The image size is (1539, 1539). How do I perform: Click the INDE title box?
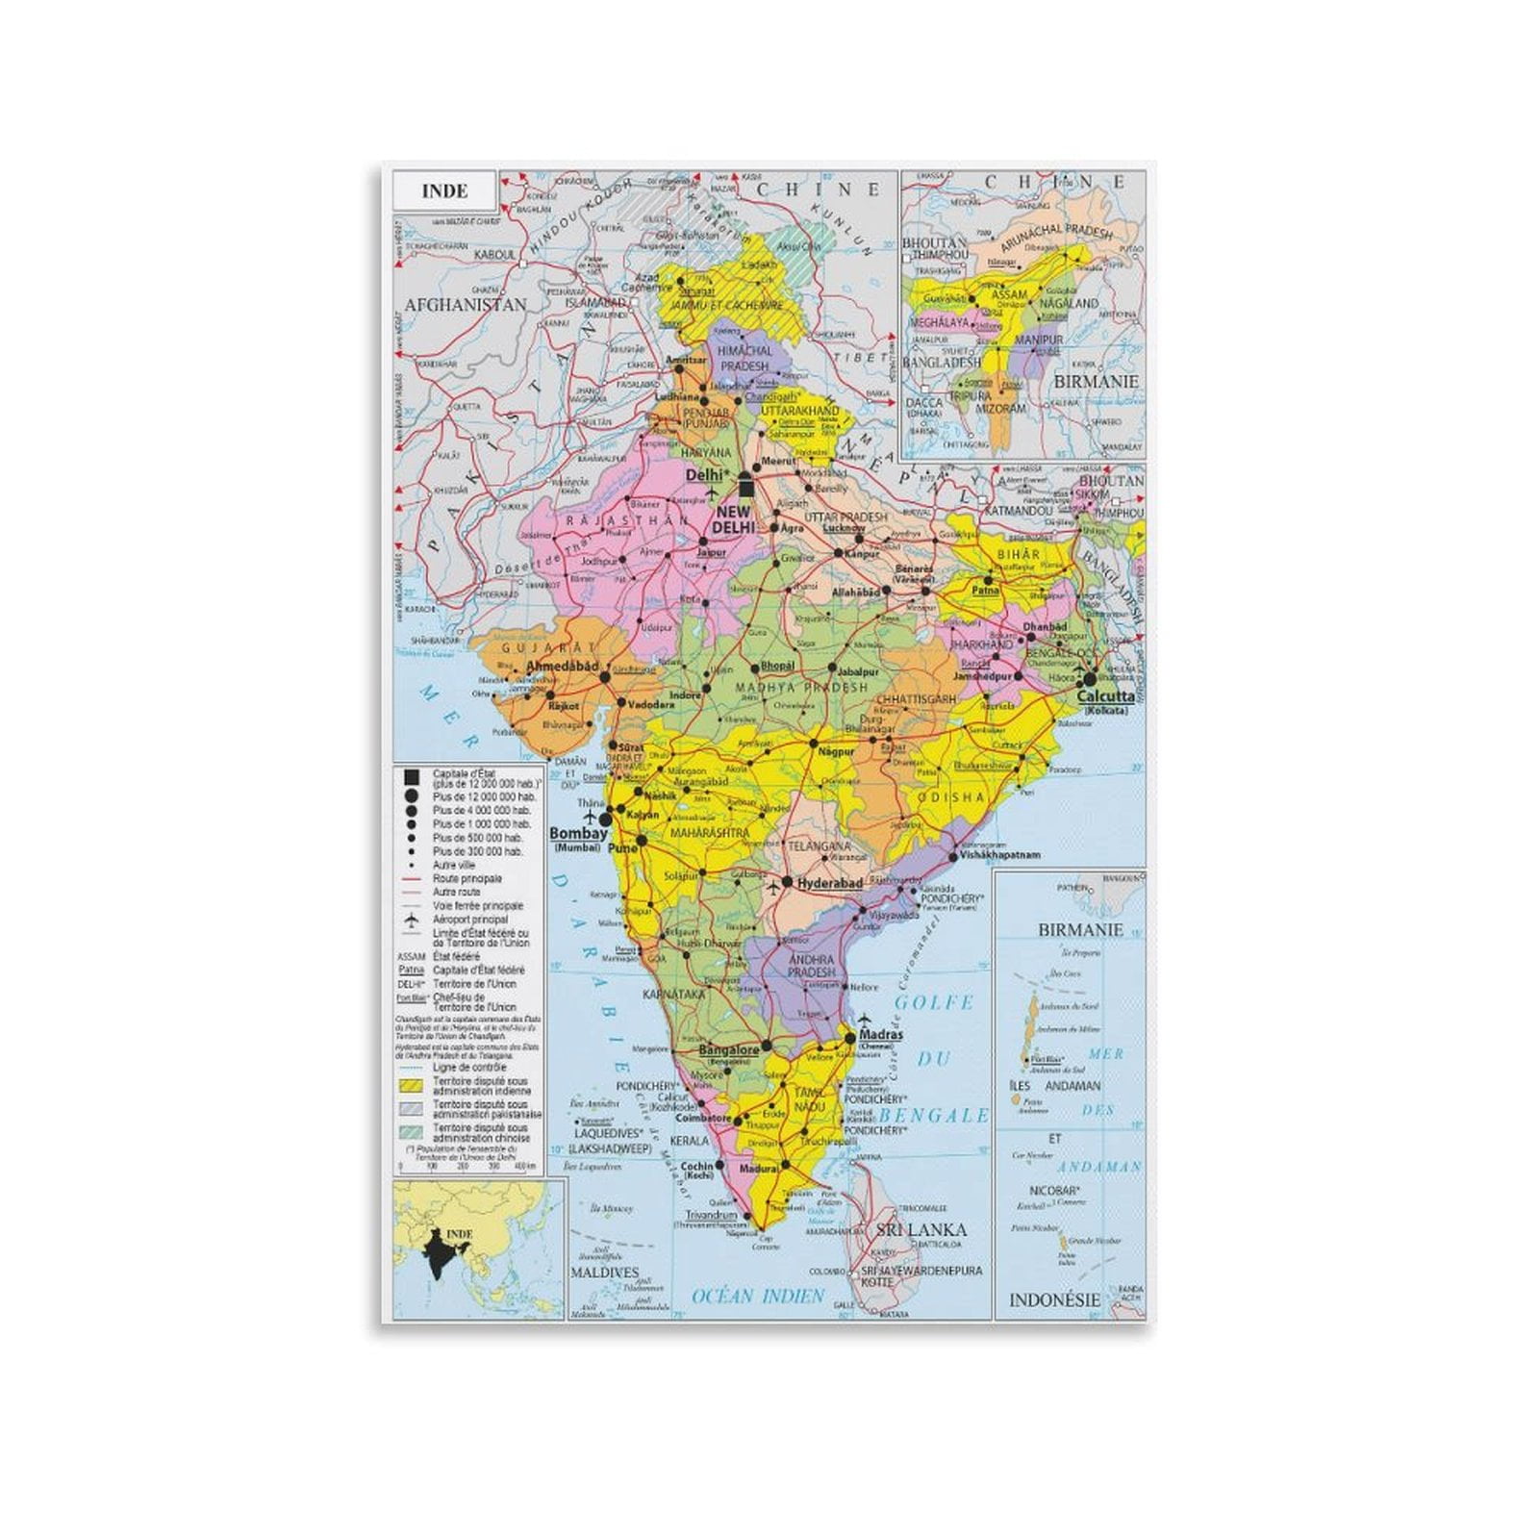click(444, 190)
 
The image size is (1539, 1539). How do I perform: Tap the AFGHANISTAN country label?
click(466, 305)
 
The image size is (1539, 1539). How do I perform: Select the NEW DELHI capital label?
click(733, 519)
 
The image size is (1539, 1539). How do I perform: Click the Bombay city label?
click(578, 834)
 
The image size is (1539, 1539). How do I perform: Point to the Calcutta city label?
click(1105, 696)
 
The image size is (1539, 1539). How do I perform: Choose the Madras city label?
click(881, 1035)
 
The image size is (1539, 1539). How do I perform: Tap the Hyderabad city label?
click(829, 883)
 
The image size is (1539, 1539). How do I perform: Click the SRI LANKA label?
click(921, 1229)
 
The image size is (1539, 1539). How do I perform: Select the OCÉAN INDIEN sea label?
click(758, 1296)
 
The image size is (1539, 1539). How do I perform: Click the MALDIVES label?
click(604, 1273)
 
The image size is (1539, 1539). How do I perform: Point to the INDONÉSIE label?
click(1054, 1299)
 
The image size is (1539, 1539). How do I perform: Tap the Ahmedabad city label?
click(563, 666)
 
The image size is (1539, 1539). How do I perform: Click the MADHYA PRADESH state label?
click(801, 687)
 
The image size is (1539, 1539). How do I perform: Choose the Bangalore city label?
click(728, 1050)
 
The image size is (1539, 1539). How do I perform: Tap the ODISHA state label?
click(950, 797)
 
